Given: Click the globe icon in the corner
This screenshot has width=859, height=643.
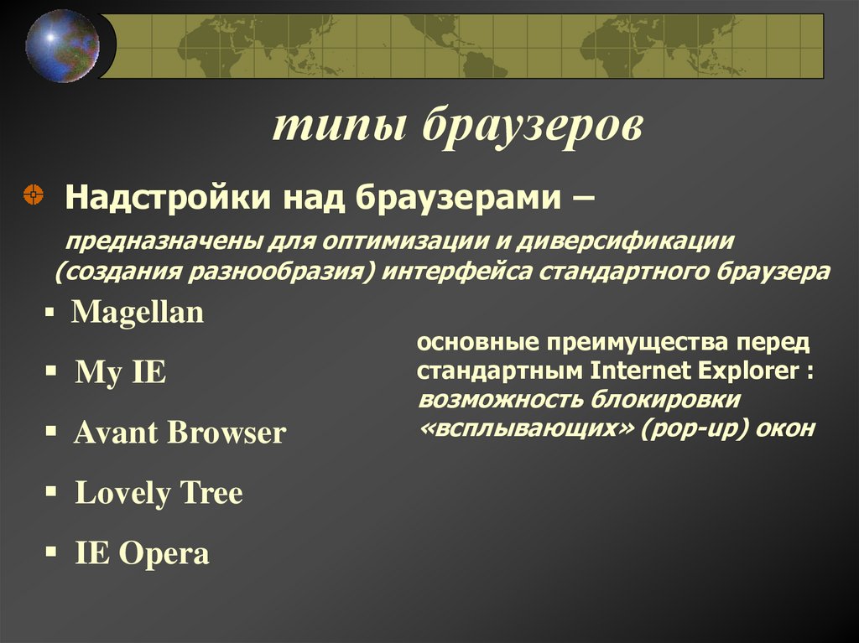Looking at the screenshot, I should point(61,45).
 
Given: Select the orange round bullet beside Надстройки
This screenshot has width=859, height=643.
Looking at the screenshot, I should point(33,196).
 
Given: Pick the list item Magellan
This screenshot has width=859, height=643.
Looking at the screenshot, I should point(138,313).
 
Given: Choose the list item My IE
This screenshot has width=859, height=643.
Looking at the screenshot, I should point(121,372).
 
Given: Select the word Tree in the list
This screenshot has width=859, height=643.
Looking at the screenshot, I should point(209,493).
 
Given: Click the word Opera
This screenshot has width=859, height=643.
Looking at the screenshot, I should point(164,553).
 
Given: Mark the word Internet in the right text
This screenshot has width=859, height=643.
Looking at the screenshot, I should point(644,371).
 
